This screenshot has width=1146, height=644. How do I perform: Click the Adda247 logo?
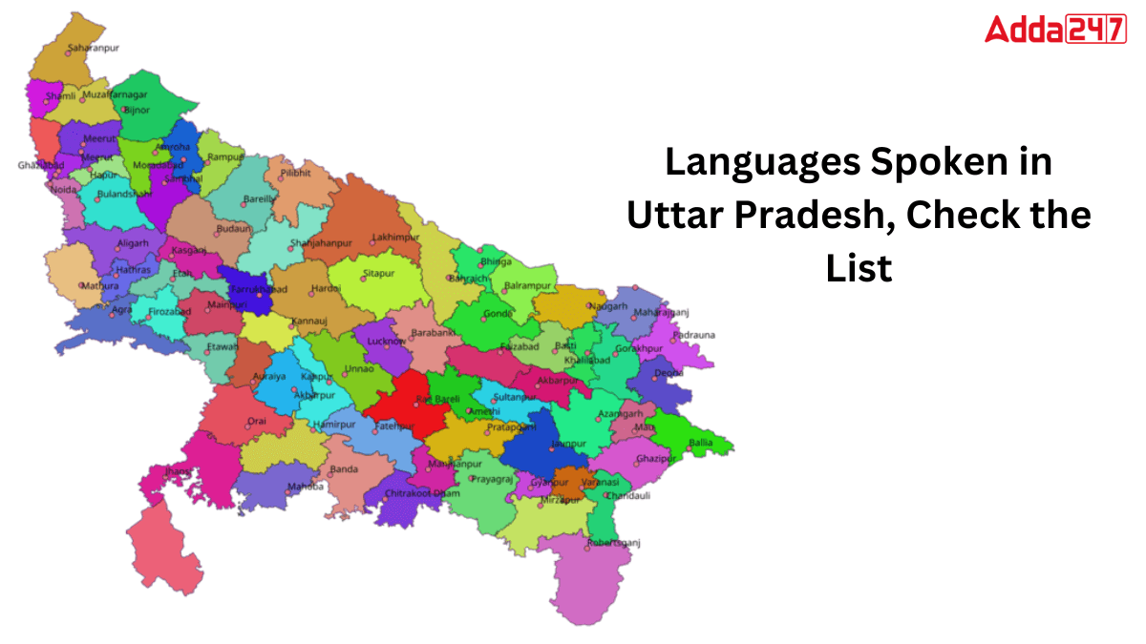coord(1054,30)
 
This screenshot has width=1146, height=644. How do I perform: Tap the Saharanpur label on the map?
coord(94,48)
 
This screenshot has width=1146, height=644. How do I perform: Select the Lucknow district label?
coord(387,341)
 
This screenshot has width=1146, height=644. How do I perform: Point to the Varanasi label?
coord(602,483)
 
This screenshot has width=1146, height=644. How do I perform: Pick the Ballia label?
coord(701,443)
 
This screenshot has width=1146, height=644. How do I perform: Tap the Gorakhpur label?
coord(639,349)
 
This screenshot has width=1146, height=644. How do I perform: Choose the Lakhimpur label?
coord(395,236)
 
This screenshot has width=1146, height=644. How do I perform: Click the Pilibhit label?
coord(297,174)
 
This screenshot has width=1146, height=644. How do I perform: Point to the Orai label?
coord(257,421)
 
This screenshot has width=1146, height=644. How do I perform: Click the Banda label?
coord(344,469)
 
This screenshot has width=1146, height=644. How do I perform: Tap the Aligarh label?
coord(133,244)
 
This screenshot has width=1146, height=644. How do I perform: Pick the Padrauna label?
coord(693,335)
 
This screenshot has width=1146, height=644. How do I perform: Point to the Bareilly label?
coord(260,199)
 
